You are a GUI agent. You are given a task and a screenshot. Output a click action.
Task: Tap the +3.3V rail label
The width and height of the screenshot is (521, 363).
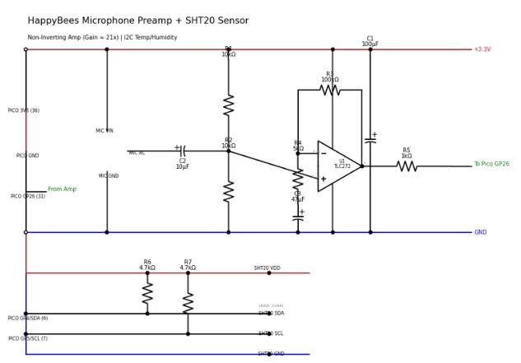click(x=482, y=49)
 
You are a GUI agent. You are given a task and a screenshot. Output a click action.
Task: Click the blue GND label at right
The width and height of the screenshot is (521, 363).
click(x=480, y=232)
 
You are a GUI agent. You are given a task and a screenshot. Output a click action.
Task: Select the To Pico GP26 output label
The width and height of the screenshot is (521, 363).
click(x=491, y=164)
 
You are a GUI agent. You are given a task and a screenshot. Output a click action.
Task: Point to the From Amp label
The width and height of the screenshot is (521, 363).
click(x=62, y=189)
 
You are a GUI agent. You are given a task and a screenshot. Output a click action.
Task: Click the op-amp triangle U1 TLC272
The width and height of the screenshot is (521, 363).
click(x=339, y=165)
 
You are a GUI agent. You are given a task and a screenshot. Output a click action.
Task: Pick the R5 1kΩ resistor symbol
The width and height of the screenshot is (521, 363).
click(x=407, y=166)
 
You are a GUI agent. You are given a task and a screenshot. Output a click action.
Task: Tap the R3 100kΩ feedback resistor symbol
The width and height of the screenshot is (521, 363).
click(x=330, y=90)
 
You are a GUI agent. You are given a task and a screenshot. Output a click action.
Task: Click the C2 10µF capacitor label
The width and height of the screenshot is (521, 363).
click(x=183, y=164)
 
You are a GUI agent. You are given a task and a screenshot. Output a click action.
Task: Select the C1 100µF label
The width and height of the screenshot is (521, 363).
click(x=370, y=41)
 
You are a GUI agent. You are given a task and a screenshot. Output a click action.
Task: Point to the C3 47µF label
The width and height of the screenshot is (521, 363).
click(x=298, y=197)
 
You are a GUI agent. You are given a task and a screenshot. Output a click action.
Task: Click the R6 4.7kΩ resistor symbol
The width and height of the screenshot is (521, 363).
click(x=147, y=293)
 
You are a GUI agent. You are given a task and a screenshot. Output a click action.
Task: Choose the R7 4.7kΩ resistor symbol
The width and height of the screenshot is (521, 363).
click(x=188, y=303)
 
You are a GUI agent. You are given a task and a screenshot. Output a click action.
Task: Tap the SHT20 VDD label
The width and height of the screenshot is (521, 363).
click(x=267, y=268)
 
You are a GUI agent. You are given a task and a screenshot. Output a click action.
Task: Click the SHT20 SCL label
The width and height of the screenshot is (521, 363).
click(x=271, y=333)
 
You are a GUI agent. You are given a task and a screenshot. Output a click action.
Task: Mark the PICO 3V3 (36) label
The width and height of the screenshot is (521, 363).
click(x=24, y=110)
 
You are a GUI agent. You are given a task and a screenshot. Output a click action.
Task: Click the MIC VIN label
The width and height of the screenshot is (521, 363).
click(x=105, y=131)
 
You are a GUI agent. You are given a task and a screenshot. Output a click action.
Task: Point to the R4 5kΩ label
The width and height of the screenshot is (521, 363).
click(x=298, y=146)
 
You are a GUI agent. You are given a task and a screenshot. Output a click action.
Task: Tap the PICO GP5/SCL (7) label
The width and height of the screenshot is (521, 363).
click(x=28, y=338)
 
